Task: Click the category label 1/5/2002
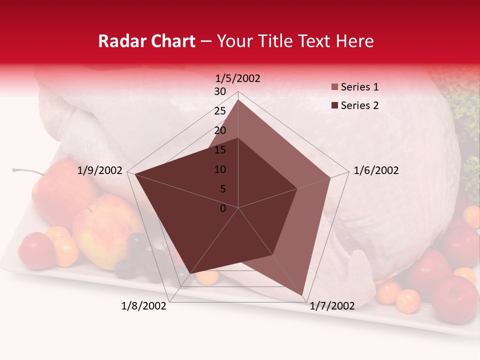[x=238, y=78]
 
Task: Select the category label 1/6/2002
[x=376, y=170]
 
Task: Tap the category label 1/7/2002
[x=332, y=305]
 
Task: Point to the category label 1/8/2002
[x=144, y=305]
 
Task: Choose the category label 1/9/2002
[x=100, y=170]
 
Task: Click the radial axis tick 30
[x=220, y=91]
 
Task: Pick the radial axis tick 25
[x=220, y=111]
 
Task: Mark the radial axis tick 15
[x=220, y=150]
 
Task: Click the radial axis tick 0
[x=223, y=208]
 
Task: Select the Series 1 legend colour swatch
[x=335, y=87]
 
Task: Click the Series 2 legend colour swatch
[x=335, y=105]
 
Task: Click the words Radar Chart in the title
[x=146, y=41]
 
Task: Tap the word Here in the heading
[x=354, y=41]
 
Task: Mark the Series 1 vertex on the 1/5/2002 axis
[x=238, y=99]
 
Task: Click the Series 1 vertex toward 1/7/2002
[x=303, y=295]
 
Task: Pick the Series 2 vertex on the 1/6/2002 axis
[x=297, y=188]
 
